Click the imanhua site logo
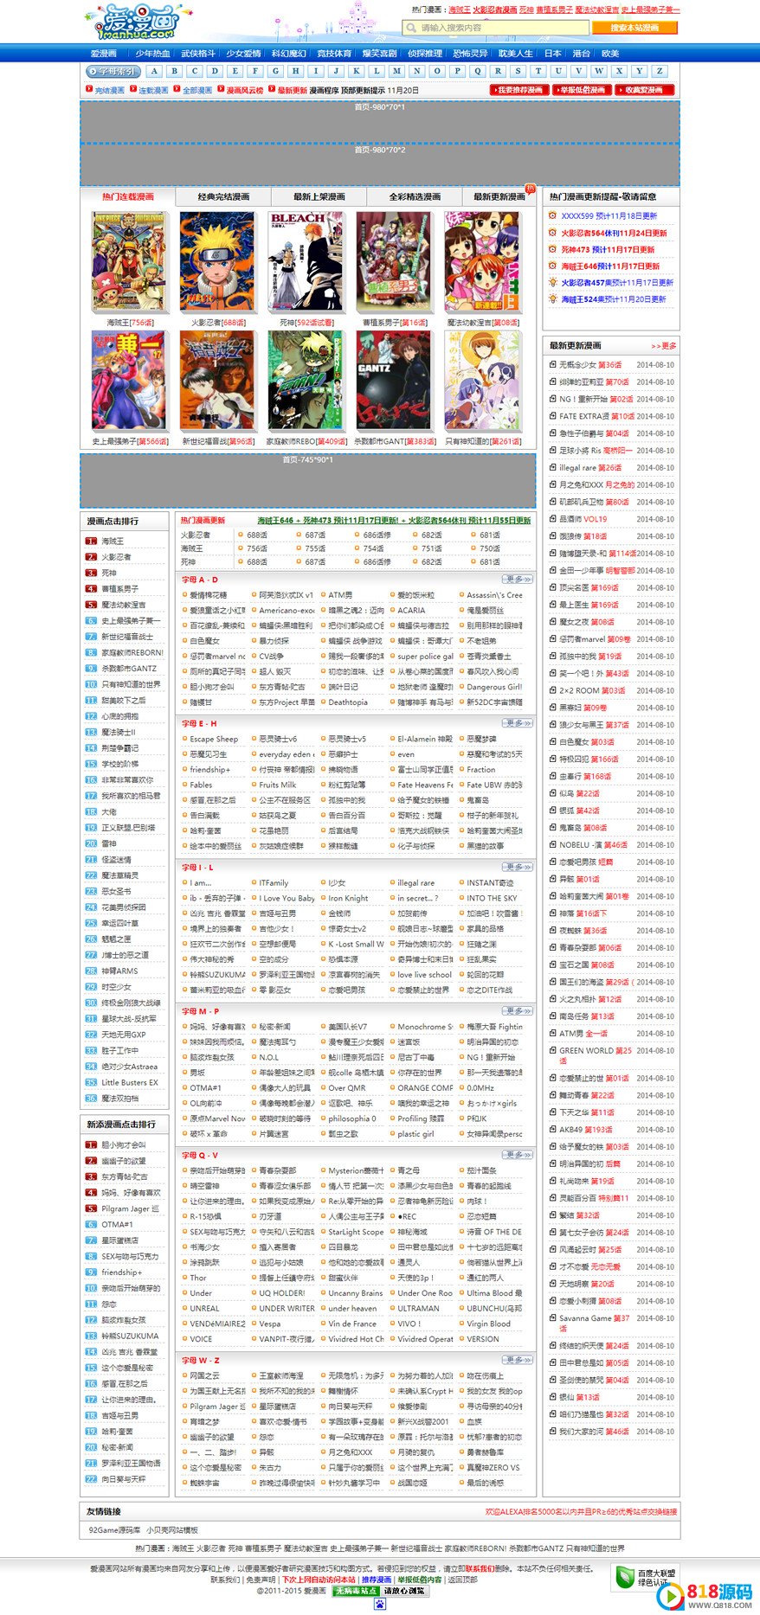(x=131, y=23)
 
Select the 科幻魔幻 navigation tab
(x=288, y=53)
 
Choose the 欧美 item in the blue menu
(x=610, y=53)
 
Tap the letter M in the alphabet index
(x=396, y=71)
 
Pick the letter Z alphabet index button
(x=659, y=71)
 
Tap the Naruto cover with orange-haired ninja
(x=216, y=261)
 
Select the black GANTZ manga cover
(x=393, y=381)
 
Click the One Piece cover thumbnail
(x=128, y=261)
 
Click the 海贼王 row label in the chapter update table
(x=192, y=548)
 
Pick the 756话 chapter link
(x=257, y=548)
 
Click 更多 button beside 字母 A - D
(x=517, y=580)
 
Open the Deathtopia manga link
(x=348, y=702)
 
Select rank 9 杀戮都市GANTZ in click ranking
(x=129, y=668)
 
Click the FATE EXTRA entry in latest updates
(x=583, y=416)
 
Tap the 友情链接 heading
(x=104, y=1511)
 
